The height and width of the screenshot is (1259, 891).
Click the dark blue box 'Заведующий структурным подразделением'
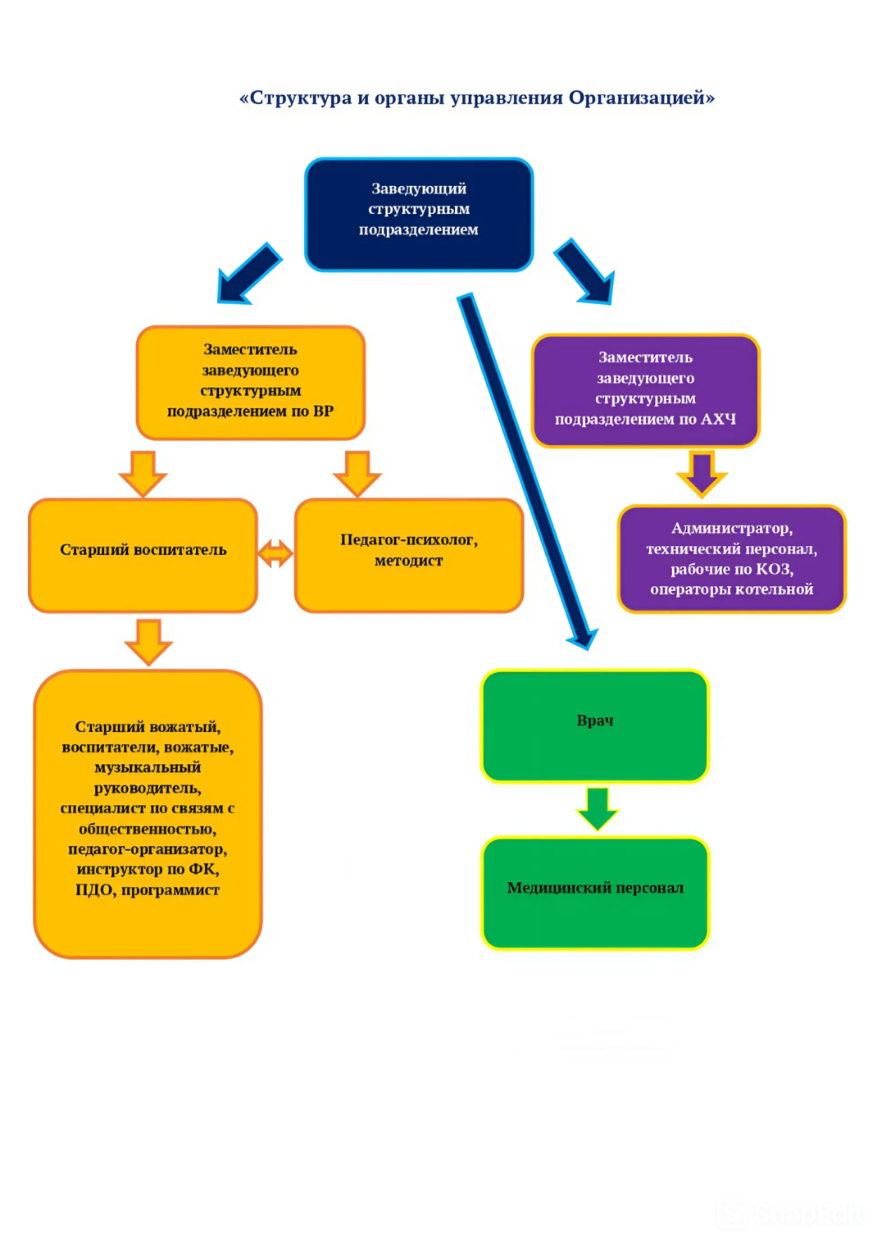[419, 214]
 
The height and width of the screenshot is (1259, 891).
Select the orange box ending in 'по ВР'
[250, 382]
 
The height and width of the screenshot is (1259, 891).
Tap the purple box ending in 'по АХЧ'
[646, 390]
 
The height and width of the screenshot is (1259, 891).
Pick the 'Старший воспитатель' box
[143, 555]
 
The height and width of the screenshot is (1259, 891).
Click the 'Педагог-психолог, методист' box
[409, 555]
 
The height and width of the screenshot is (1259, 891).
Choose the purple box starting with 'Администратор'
[731, 559]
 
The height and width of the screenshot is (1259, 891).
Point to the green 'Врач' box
[595, 725]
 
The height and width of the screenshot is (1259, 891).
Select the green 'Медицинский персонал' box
[595, 893]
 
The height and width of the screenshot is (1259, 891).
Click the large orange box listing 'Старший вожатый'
[148, 813]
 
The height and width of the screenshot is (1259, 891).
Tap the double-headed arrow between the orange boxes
[275, 553]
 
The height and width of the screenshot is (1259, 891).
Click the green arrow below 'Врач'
[598, 808]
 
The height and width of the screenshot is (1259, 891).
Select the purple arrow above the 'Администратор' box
[702, 473]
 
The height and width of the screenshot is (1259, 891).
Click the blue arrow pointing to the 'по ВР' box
[248, 274]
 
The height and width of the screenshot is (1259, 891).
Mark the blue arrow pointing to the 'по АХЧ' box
[585, 271]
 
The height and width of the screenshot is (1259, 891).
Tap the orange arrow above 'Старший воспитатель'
[143, 473]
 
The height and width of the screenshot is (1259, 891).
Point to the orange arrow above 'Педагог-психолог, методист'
[357, 473]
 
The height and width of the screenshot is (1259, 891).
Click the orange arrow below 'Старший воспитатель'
[148, 641]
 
